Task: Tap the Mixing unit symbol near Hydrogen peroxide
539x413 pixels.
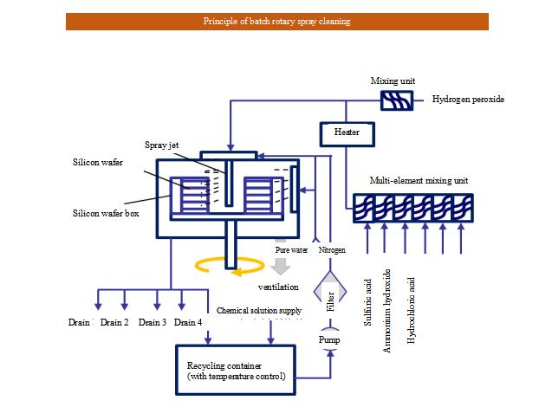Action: [398, 100]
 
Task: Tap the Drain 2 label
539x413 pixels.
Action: [114, 322]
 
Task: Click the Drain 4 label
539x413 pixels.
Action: [188, 322]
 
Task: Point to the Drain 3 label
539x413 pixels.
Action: [152, 322]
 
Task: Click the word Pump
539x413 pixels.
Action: [329, 340]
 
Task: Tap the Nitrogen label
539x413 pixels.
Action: [332, 249]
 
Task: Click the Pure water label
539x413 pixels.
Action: [291, 249]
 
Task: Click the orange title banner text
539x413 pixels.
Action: [277, 22]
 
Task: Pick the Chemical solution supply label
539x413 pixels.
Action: [261, 310]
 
